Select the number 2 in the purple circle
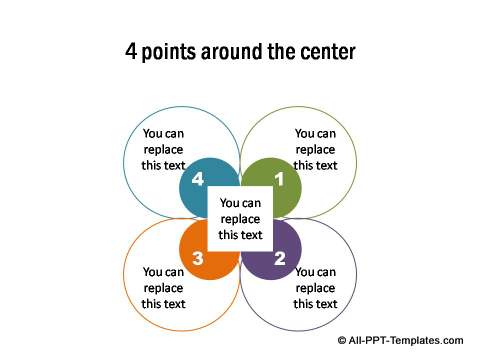[280, 258]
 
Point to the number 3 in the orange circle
[198, 258]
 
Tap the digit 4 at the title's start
[130, 51]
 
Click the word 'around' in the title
[233, 51]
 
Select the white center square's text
[240, 219]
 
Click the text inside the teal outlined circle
[163, 149]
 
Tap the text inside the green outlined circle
[315, 149]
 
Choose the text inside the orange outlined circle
[163, 287]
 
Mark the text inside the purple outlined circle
[315, 287]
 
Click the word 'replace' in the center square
[240, 219]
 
